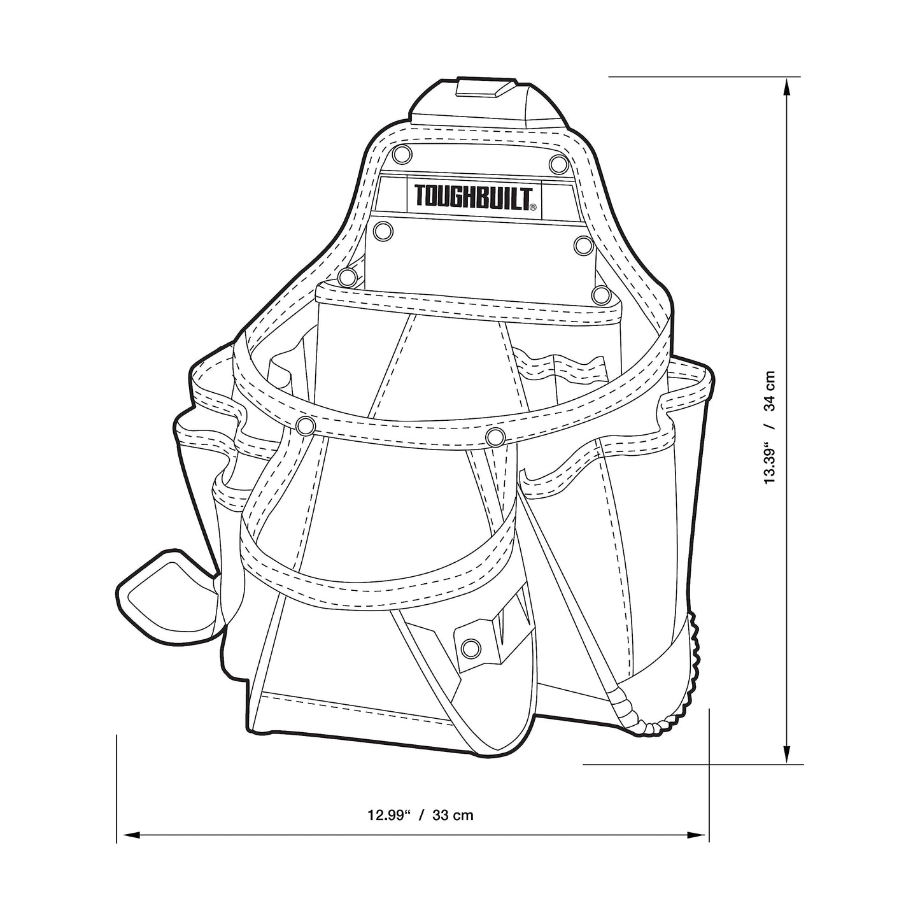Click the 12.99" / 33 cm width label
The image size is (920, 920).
click(420, 814)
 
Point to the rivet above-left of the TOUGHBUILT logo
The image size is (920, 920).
click(402, 154)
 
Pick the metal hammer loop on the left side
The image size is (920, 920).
click(167, 590)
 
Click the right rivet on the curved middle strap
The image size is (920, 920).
click(495, 437)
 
